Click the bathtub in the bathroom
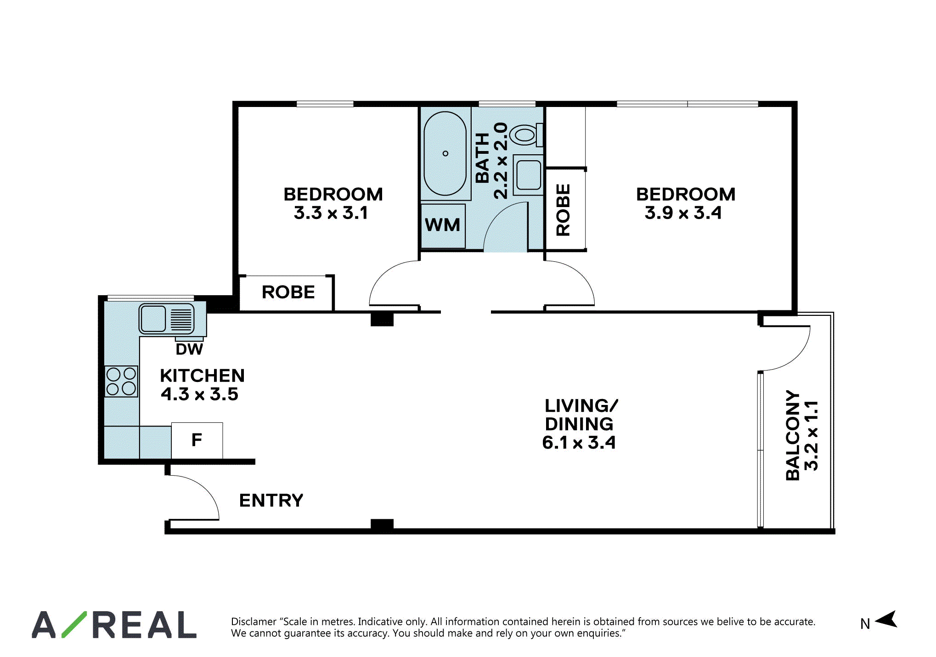[x=445, y=153]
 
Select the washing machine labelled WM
[x=443, y=226]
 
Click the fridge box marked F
[x=197, y=440]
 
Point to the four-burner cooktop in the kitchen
[x=121, y=381]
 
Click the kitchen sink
[x=167, y=318]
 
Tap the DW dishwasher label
[x=189, y=349]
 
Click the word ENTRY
[x=271, y=500]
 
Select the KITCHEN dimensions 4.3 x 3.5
[x=200, y=394]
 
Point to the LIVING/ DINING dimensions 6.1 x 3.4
[x=579, y=443]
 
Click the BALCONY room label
[x=793, y=435]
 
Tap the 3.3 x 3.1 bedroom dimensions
[x=331, y=213]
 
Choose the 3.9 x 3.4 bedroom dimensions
[x=683, y=213]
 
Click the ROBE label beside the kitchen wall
[x=288, y=292]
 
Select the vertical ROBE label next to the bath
[x=563, y=210]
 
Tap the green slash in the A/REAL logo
[x=74, y=624]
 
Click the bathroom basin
[x=529, y=174]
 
